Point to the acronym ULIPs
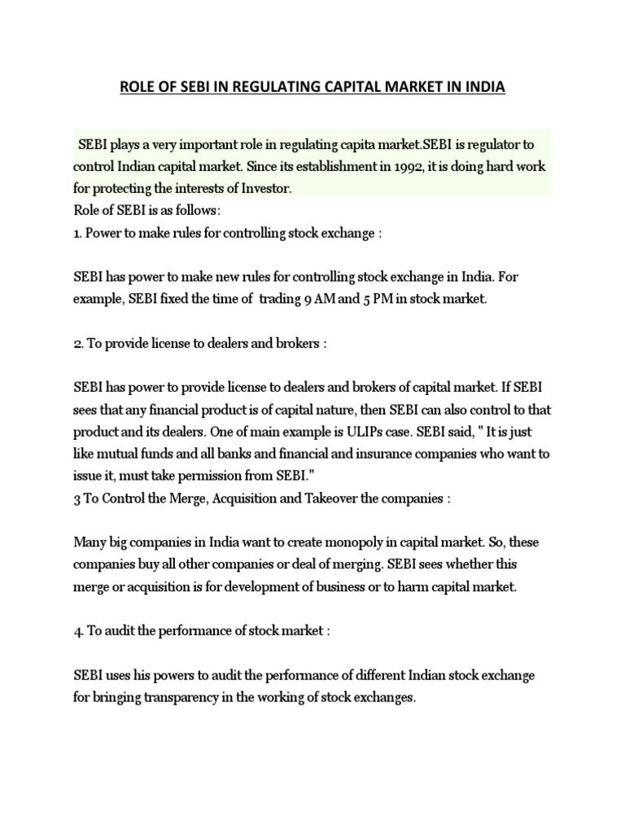coord(348,431)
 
